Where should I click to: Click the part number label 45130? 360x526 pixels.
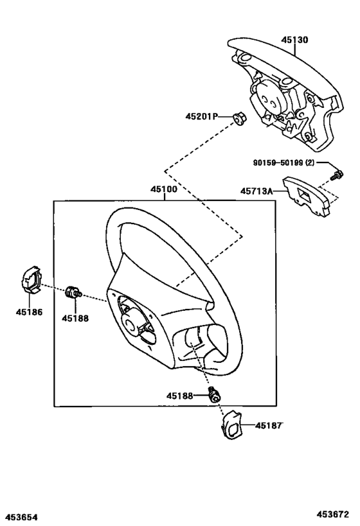click(x=294, y=40)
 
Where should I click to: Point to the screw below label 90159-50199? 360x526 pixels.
click(x=335, y=174)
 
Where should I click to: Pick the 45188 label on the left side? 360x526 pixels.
click(x=75, y=317)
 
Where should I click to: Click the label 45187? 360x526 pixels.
click(x=269, y=425)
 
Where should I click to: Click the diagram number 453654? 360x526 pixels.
click(x=22, y=516)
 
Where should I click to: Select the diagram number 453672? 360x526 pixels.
click(x=332, y=514)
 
